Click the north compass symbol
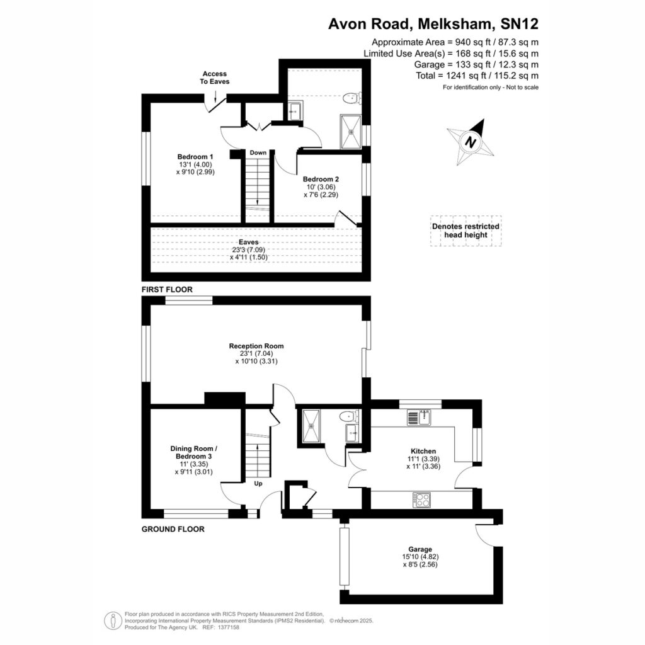coord(470,142)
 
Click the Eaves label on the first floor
coord(248,243)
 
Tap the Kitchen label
coord(423,451)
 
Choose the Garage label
coord(420,549)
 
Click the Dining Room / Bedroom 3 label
coord(194,452)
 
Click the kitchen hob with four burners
coord(421,500)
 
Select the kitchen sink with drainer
coord(419,418)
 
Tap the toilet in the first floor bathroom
coord(351,98)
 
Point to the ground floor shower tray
coord(311,426)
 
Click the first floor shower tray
coord(351,132)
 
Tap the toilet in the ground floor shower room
coord(349,416)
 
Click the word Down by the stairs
coord(258,152)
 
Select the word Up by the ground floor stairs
coord(258,483)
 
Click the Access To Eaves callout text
coord(215,77)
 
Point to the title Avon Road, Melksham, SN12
coord(433,24)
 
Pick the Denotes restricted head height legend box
coord(465,231)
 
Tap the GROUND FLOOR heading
coord(173,529)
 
